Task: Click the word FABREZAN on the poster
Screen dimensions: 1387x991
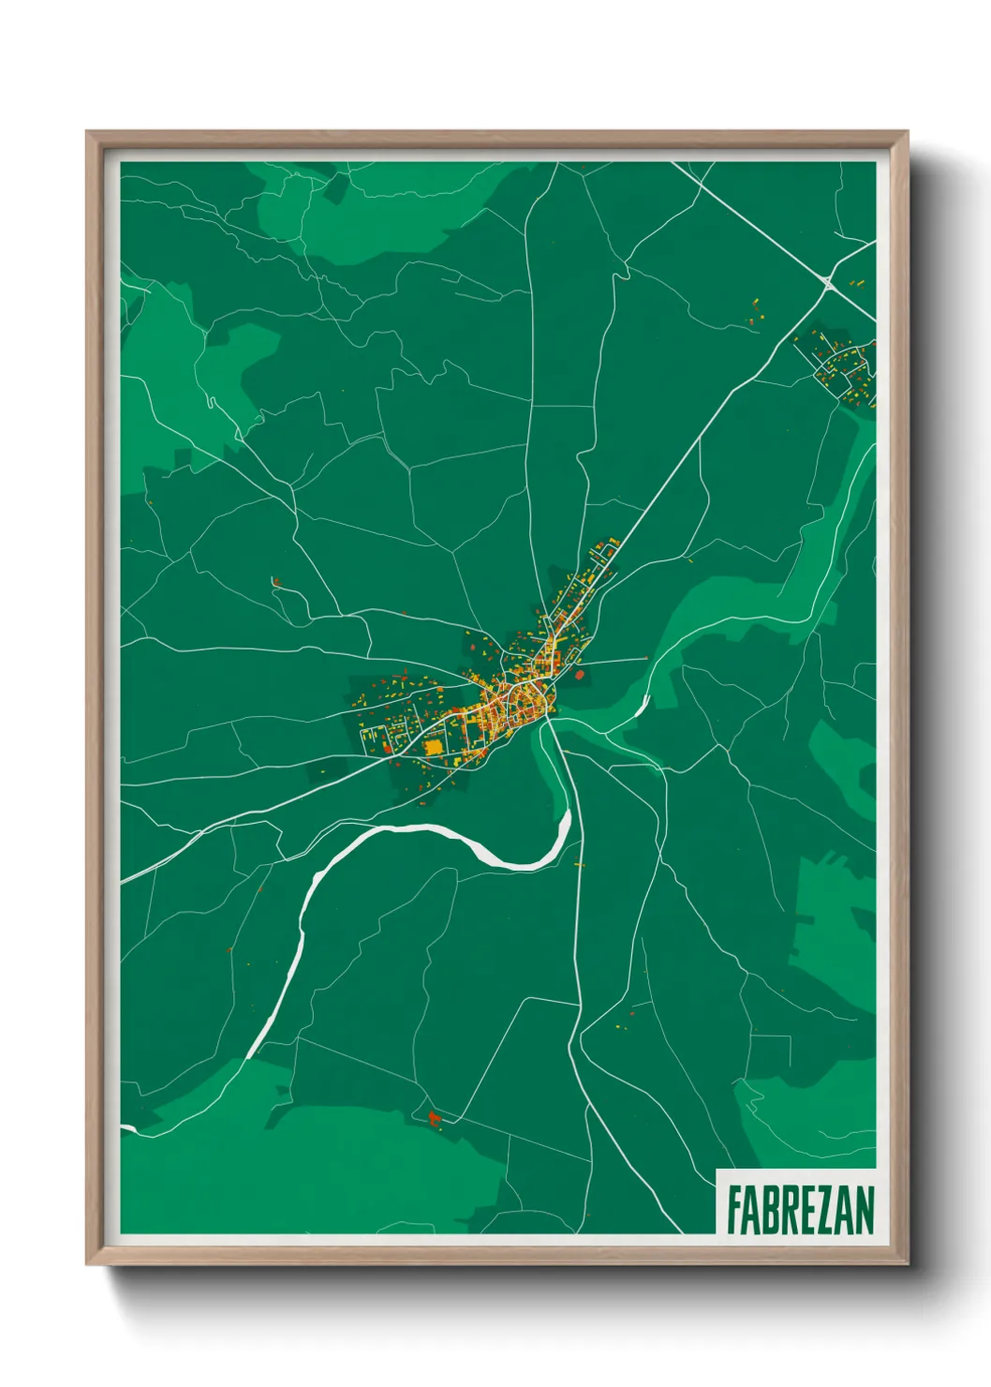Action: (800, 1210)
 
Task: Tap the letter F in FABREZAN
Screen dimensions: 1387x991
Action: (734, 1210)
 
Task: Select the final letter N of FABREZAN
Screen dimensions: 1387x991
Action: (865, 1210)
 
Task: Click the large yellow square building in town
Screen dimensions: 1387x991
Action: (433, 748)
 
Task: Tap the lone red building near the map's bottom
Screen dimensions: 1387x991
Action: (434, 1117)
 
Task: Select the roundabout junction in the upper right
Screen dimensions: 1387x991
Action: (827, 280)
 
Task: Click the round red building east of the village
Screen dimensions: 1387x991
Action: (578, 674)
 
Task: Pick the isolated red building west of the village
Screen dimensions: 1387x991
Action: (275, 582)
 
